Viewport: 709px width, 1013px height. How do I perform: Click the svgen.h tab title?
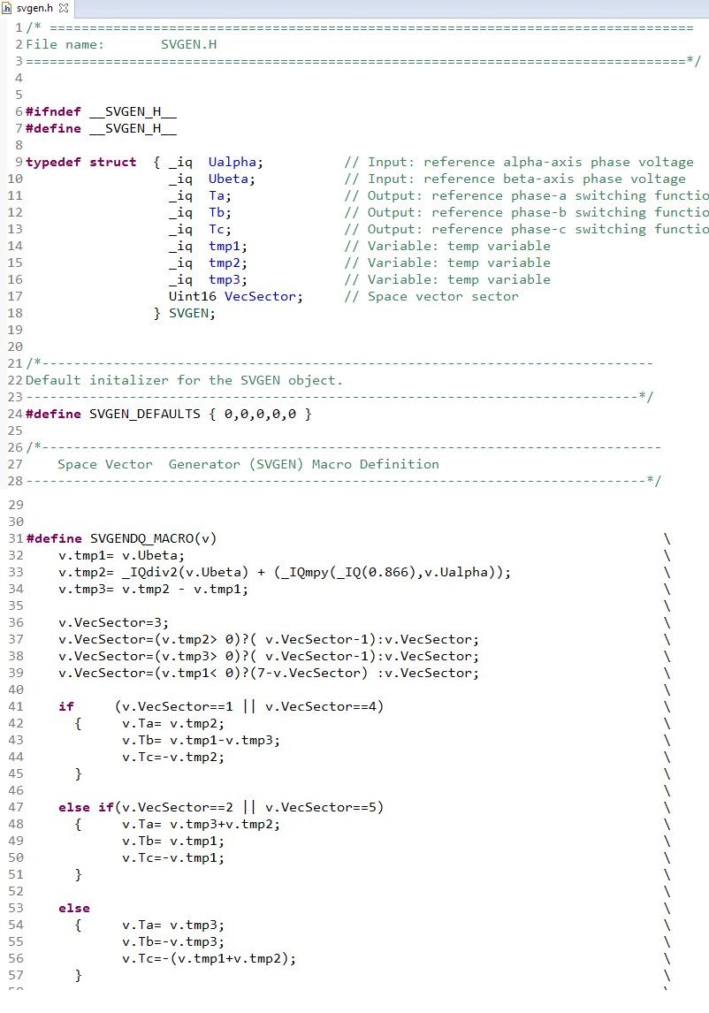(34, 9)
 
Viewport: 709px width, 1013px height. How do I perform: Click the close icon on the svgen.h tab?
(64, 9)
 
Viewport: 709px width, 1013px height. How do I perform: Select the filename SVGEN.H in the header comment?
(188, 44)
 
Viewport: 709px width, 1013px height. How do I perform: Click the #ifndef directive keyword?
(53, 111)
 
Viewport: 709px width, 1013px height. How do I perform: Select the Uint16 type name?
(193, 296)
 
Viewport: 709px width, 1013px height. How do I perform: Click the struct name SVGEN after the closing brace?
(188, 313)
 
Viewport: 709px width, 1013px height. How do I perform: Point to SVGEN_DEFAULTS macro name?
(145, 414)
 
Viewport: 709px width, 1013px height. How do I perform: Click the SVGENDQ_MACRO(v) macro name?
(153, 539)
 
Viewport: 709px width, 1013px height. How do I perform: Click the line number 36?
(16, 623)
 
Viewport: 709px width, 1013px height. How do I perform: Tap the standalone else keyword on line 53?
(74, 909)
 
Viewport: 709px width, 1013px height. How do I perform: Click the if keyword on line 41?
(66, 707)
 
